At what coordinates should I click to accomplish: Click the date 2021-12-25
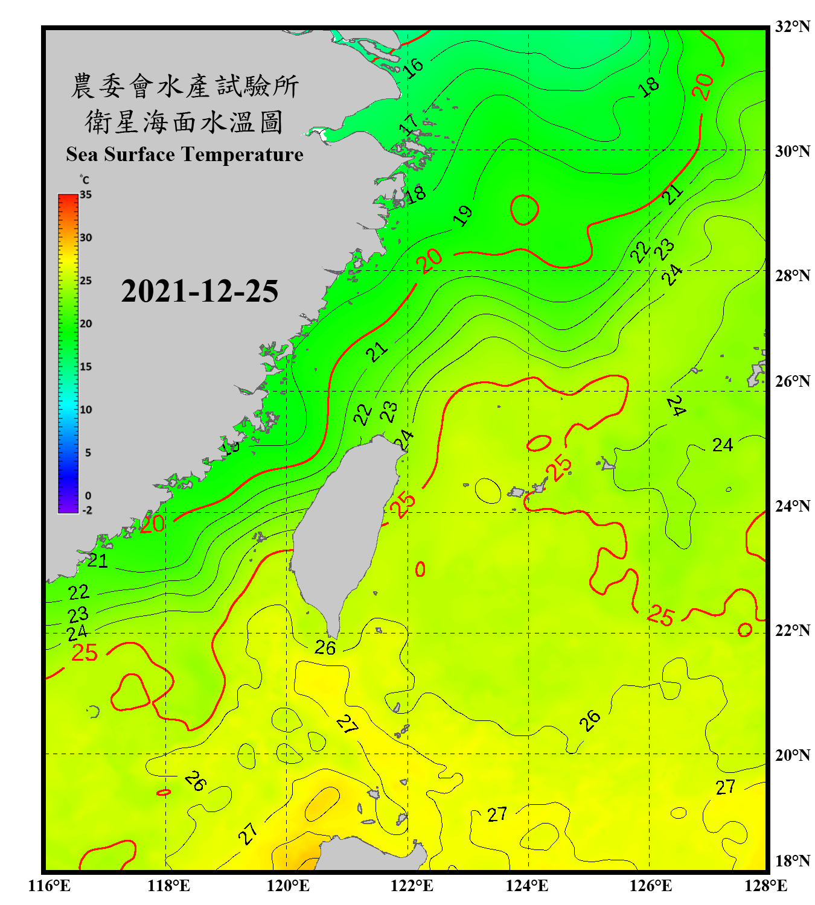coord(199,291)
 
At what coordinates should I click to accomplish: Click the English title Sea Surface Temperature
coord(184,154)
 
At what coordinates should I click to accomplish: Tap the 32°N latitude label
coord(792,27)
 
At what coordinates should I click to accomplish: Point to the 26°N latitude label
coord(792,381)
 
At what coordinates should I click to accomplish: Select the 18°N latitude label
coord(792,861)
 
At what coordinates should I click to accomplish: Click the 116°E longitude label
coord(50,886)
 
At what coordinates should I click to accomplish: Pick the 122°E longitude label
coord(412,886)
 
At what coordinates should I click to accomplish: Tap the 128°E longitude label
coord(765,886)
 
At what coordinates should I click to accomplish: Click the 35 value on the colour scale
coord(86,195)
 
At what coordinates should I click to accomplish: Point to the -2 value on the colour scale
coord(87,510)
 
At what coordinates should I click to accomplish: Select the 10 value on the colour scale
coord(86,410)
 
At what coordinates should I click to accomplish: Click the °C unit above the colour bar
coord(85,180)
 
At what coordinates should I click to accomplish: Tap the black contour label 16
coord(414,68)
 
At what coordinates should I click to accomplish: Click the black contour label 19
coord(463,215)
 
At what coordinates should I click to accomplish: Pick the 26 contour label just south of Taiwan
coord(325,648)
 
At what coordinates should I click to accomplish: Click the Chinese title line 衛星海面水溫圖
coord(184,122)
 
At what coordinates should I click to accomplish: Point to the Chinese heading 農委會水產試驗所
coord(184,86)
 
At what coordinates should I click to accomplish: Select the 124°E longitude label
coord(527,886)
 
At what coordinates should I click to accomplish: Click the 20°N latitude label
coord(792,755)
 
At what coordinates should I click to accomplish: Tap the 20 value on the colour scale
coord(86,324)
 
